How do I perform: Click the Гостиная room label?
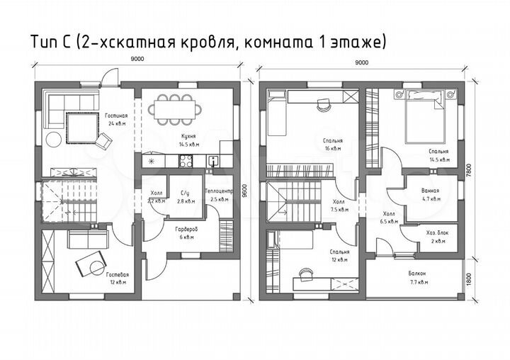(116, 118)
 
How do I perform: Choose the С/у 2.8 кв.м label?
(185, 196)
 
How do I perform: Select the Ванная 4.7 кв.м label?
(429, 195)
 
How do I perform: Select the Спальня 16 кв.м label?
(329, 145)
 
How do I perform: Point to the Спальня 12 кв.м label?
(339, 256)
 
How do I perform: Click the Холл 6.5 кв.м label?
(389, 217)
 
